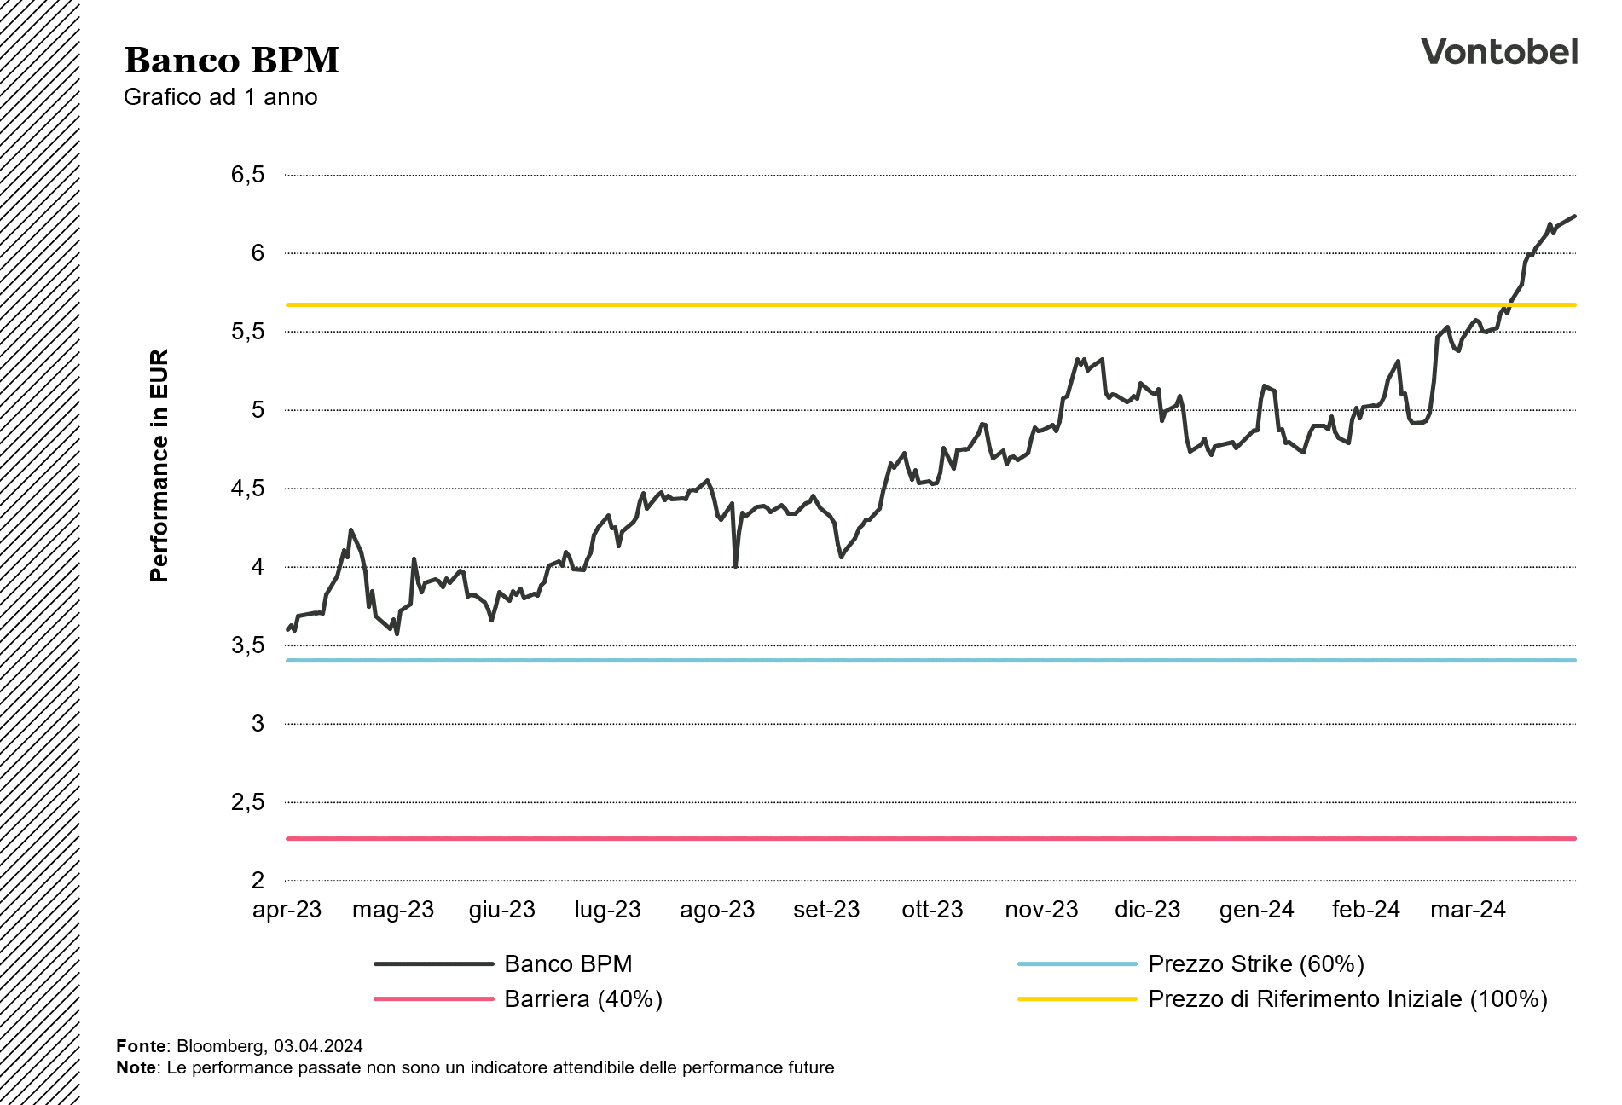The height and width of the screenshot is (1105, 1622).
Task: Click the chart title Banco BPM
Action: coord(231,61)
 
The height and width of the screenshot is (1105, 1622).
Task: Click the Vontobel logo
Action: coord(1498,52)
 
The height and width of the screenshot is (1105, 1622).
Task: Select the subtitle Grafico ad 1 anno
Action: coord(220,97)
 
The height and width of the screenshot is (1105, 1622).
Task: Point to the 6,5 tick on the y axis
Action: coord(247,175)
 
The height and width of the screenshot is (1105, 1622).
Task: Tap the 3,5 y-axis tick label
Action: coord(247,645)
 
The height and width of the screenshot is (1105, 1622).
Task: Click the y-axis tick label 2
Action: coord(258,881)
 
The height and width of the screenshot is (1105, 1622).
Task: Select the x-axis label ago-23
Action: coord(716,910)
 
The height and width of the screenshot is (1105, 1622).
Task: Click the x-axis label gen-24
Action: coord(1256,910)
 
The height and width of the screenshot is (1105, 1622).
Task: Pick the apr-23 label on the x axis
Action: coord(287,910)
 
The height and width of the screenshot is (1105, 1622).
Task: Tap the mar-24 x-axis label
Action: coord(1467,910)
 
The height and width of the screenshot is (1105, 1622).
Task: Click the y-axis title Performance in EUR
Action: coord(159,466)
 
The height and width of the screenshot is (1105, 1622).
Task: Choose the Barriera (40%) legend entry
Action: coord(582,998)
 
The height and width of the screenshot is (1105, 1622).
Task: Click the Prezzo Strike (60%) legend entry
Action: coord(1255,964)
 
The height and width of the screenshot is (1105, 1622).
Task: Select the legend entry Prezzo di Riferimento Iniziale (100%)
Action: coord(1347,998)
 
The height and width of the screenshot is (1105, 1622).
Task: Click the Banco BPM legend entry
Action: coord(568,964)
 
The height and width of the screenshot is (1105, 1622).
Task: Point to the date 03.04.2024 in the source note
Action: coord(318,1046)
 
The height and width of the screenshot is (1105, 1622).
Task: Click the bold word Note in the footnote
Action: coord(136,1067)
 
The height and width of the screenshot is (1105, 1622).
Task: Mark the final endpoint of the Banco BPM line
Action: coord(1574,217)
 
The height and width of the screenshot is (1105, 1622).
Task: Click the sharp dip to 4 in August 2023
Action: coord(735,565)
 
